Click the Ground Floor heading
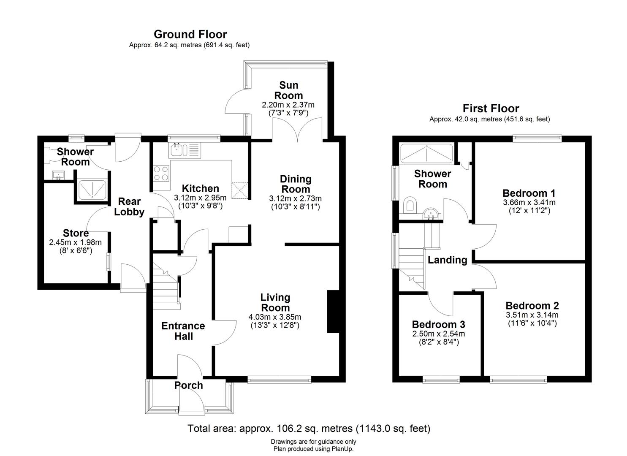pos(190,35)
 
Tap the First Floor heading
pos(491,109)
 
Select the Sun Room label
pos(288,90)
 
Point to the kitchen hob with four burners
pos(161,173)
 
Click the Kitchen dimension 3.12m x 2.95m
pos(200,198)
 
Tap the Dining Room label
pos(296,184)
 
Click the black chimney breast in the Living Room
pos(333,312)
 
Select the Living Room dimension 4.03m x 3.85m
pos(275,317)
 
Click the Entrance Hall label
pos(183,331)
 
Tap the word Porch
pos(188,385)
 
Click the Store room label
pos(76,233)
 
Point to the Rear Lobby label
pos(129,206)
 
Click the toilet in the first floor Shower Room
pos(410,204)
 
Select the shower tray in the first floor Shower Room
pos(426,153)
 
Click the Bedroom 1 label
pos(529,193)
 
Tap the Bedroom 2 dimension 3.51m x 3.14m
pos(532,315)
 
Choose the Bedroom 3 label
pos(439,324)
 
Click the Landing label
pos(448,260)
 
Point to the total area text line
pos(309,429)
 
